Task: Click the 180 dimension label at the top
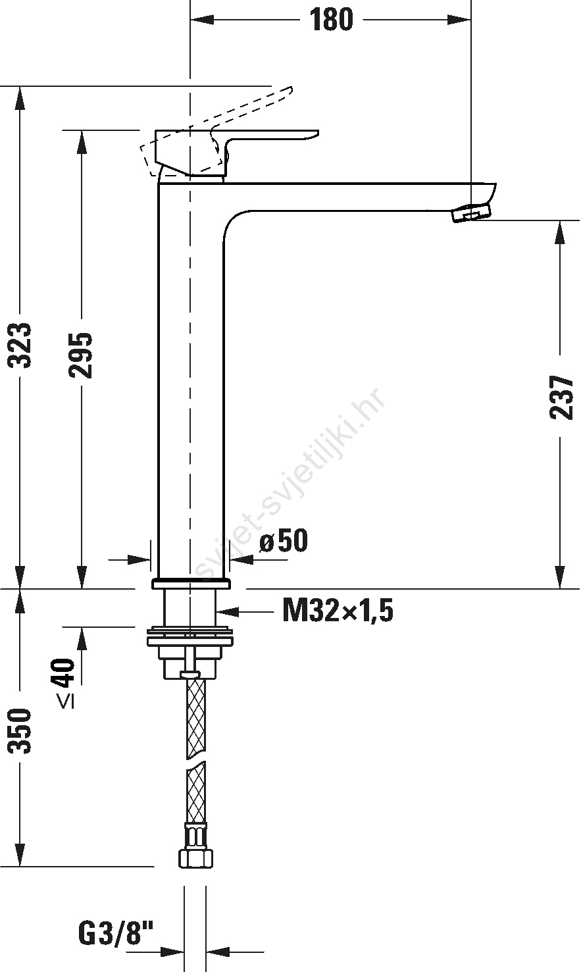pos(331,20)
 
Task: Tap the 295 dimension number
pos(81,355)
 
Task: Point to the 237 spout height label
pos(561,397)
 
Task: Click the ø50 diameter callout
pos(284,541)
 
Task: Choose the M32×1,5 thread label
pos(338,610)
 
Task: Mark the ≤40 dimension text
pos(66,684)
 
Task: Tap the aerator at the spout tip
pos(472,213)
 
